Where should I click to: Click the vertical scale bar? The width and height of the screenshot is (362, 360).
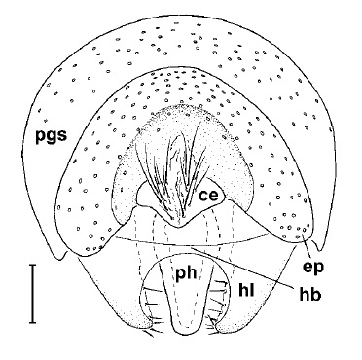[32, 292]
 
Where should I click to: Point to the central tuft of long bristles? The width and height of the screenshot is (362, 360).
[180, 165]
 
